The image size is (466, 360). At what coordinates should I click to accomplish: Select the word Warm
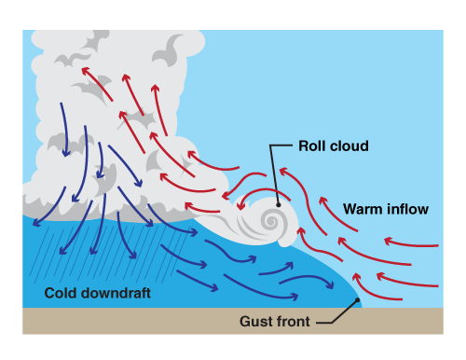362,210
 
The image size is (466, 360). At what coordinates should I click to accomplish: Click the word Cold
62,295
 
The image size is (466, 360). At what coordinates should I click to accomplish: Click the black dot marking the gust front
357,302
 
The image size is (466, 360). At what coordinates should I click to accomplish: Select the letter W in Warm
349,210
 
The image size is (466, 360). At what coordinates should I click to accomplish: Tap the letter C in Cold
49,295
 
